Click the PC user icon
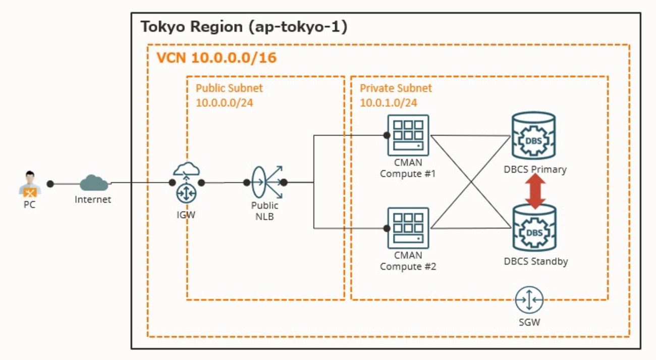click(x=30, y=185)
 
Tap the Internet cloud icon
click(x=93, y=183)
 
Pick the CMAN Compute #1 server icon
click(x=408, y=135)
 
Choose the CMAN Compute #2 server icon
click(x=408, y=228)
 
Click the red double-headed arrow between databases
click(x=535, y=191)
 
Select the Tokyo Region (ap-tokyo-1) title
click(x=244, y=27)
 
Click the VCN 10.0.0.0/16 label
click(x=216, y=58)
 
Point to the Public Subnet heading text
click(x=229, y=88)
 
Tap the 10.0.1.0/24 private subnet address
click(x=388, y=102)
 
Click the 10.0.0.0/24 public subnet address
click(x=225, y=102)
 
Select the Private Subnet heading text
click(x=396, y=88)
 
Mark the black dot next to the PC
click(x=50, y=184)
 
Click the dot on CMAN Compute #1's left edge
click(x=387, y=135)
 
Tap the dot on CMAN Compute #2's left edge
click(x=387, y=228)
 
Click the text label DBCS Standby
click(x=535, y=262)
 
